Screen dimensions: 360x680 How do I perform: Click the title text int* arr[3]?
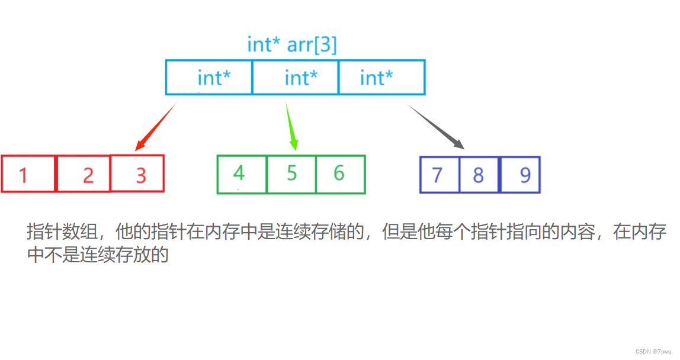click(291, 45)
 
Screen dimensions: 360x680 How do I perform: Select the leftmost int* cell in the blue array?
click(209, 78)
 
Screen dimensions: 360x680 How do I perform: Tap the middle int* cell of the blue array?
click(296, 78)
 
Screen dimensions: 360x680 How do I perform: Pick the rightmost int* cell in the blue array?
click(381, 78)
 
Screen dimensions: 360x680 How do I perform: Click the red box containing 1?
click(28, 174)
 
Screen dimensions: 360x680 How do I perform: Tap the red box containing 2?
click(84, 174)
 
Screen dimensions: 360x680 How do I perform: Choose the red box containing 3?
click(137, 173)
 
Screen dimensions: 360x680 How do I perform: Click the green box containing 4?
click(242, 174)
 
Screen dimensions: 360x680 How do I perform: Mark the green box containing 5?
click(291, 174)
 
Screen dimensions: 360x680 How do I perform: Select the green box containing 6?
click(340, 174)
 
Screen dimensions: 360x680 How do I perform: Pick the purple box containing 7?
click(440, 175)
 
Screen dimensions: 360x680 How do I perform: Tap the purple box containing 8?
click(479, 175)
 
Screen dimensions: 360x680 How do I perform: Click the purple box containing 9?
click(520, 175)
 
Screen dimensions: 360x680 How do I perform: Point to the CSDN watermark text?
click(655, 351)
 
